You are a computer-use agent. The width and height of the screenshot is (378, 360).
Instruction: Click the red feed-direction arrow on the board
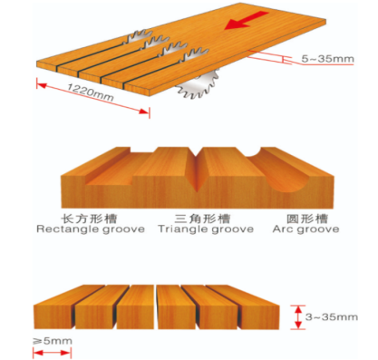pos(247,21)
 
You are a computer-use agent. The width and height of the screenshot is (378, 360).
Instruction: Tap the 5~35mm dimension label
pos(327,58)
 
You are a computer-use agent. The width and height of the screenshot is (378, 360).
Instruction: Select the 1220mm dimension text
pos(90,92)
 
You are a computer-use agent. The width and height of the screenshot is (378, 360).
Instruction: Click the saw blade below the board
pos(198,83)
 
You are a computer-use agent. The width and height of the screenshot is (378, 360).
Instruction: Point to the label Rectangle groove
pos(91,229)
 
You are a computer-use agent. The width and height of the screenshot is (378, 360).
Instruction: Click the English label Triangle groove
pos(206,229)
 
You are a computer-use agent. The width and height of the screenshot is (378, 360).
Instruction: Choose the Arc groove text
pos(305,229)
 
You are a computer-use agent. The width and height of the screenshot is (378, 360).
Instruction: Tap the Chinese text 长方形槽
pos(89,219)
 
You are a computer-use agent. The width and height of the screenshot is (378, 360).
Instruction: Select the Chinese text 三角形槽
pos(202,219)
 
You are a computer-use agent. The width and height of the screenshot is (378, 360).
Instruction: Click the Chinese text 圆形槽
pos(307,219)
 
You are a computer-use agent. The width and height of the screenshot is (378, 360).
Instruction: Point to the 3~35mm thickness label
pos(332,317)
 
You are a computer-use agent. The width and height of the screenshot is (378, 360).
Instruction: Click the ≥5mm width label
pos(53,341)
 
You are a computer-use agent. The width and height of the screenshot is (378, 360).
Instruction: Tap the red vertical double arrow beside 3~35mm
pos(298,317)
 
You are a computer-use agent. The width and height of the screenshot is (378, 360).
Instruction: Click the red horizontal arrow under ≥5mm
pos(52,353)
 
